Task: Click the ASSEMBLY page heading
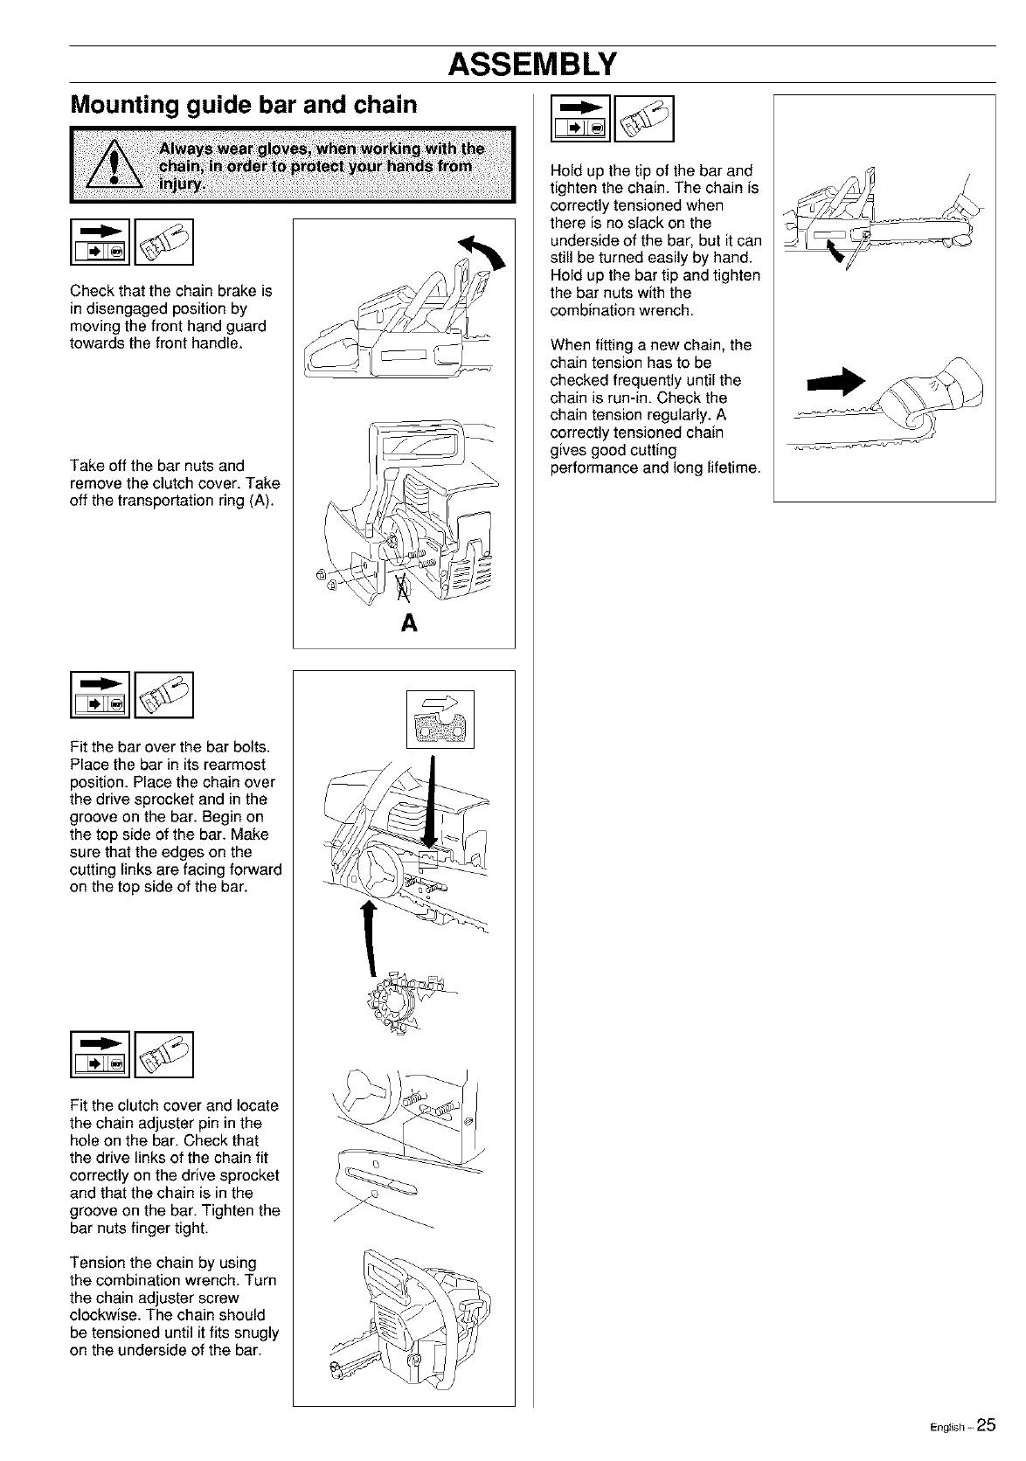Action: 532,64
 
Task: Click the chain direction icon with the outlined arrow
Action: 440,718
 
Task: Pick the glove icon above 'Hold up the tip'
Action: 646,118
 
